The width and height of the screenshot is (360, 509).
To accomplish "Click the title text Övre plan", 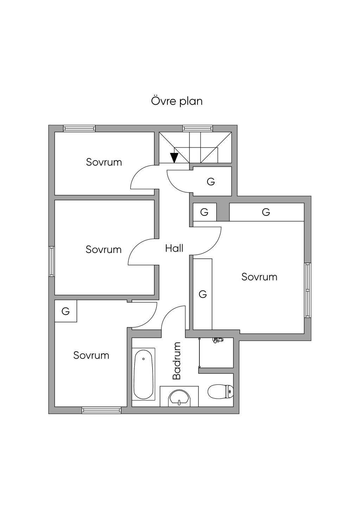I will tap(177, 101).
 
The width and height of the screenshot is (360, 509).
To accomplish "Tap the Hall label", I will tap(174, 249).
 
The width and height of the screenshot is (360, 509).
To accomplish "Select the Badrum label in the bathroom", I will tap(176, 361).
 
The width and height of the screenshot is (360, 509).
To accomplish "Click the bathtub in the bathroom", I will tap(143, 374).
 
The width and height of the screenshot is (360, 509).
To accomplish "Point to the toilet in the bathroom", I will tap(220, 392).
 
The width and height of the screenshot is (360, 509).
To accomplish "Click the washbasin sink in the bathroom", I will tap(179, 398).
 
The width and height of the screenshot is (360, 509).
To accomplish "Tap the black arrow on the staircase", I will tap(174, 157).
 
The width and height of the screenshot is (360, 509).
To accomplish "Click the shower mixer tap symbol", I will tap(218, 340).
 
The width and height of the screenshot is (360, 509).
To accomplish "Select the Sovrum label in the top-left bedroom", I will tap(104, 162).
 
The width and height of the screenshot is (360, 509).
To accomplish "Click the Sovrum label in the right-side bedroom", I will tap(259, 277).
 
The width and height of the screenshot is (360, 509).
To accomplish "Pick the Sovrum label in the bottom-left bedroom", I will tap(91, 355).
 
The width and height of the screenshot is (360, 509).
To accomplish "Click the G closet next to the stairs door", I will tap(211, 182).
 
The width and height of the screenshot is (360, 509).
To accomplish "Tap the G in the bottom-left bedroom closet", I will tap(66, 311).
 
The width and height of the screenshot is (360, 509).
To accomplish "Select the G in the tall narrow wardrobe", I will tap(203, 294).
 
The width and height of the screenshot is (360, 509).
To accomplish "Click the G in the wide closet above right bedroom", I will tap(266, 212).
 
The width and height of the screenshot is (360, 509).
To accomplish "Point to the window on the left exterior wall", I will tap(52, 261).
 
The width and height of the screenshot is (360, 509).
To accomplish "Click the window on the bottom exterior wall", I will tap(101, 410).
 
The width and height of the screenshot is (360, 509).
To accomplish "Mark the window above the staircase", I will tap(198, 129).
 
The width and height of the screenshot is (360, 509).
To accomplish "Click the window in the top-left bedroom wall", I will tap(79, 129).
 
